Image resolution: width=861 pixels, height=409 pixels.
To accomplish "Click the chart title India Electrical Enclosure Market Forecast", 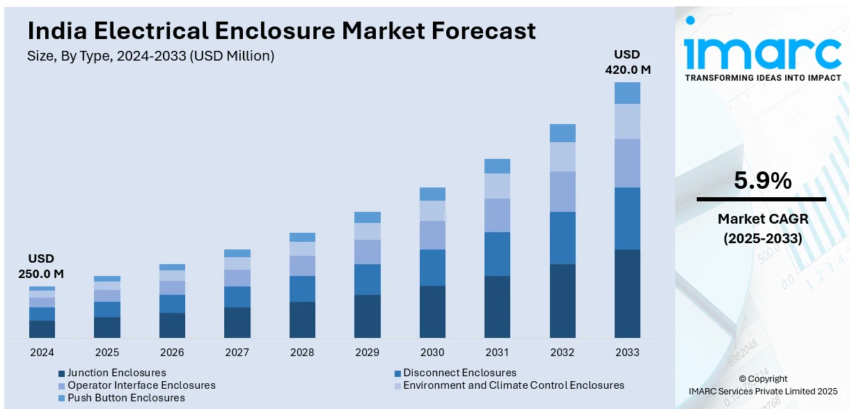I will [281, 31].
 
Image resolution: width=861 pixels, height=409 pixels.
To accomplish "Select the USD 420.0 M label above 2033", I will [626, 62].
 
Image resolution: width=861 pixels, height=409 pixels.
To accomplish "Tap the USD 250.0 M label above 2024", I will [41, 266].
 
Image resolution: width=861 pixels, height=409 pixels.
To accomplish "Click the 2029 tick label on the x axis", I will [367, 353].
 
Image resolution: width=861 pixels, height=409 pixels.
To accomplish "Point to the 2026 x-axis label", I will [172, 353].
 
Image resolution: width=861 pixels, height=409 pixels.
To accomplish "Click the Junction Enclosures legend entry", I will [117, 373].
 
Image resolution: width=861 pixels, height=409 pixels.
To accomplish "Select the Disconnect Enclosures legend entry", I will [460, 373].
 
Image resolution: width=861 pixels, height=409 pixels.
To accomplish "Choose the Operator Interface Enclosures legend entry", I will [141, 385].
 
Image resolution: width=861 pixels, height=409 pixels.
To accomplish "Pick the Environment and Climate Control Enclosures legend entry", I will [514, 385].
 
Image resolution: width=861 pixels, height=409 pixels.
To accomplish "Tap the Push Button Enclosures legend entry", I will [126, 398].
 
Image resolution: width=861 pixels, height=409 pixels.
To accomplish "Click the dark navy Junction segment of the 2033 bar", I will [627, 293].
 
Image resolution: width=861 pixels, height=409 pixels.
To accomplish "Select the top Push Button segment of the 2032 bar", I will [562, 133].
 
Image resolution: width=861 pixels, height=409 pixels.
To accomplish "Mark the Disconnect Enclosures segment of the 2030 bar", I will [432, 268].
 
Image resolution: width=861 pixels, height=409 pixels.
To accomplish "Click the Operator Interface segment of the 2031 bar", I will [497, 215].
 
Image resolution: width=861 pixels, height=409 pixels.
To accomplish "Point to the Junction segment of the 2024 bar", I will [42, 329].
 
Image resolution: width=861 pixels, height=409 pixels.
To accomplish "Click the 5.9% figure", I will [762, 181].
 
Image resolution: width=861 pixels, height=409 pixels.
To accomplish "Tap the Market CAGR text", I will [762, 219].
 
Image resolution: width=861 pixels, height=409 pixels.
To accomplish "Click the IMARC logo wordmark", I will [762, 52].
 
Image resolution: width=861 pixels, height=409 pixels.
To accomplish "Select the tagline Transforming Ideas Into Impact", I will [763, 78].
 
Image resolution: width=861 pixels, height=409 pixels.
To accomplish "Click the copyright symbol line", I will [763, 379].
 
